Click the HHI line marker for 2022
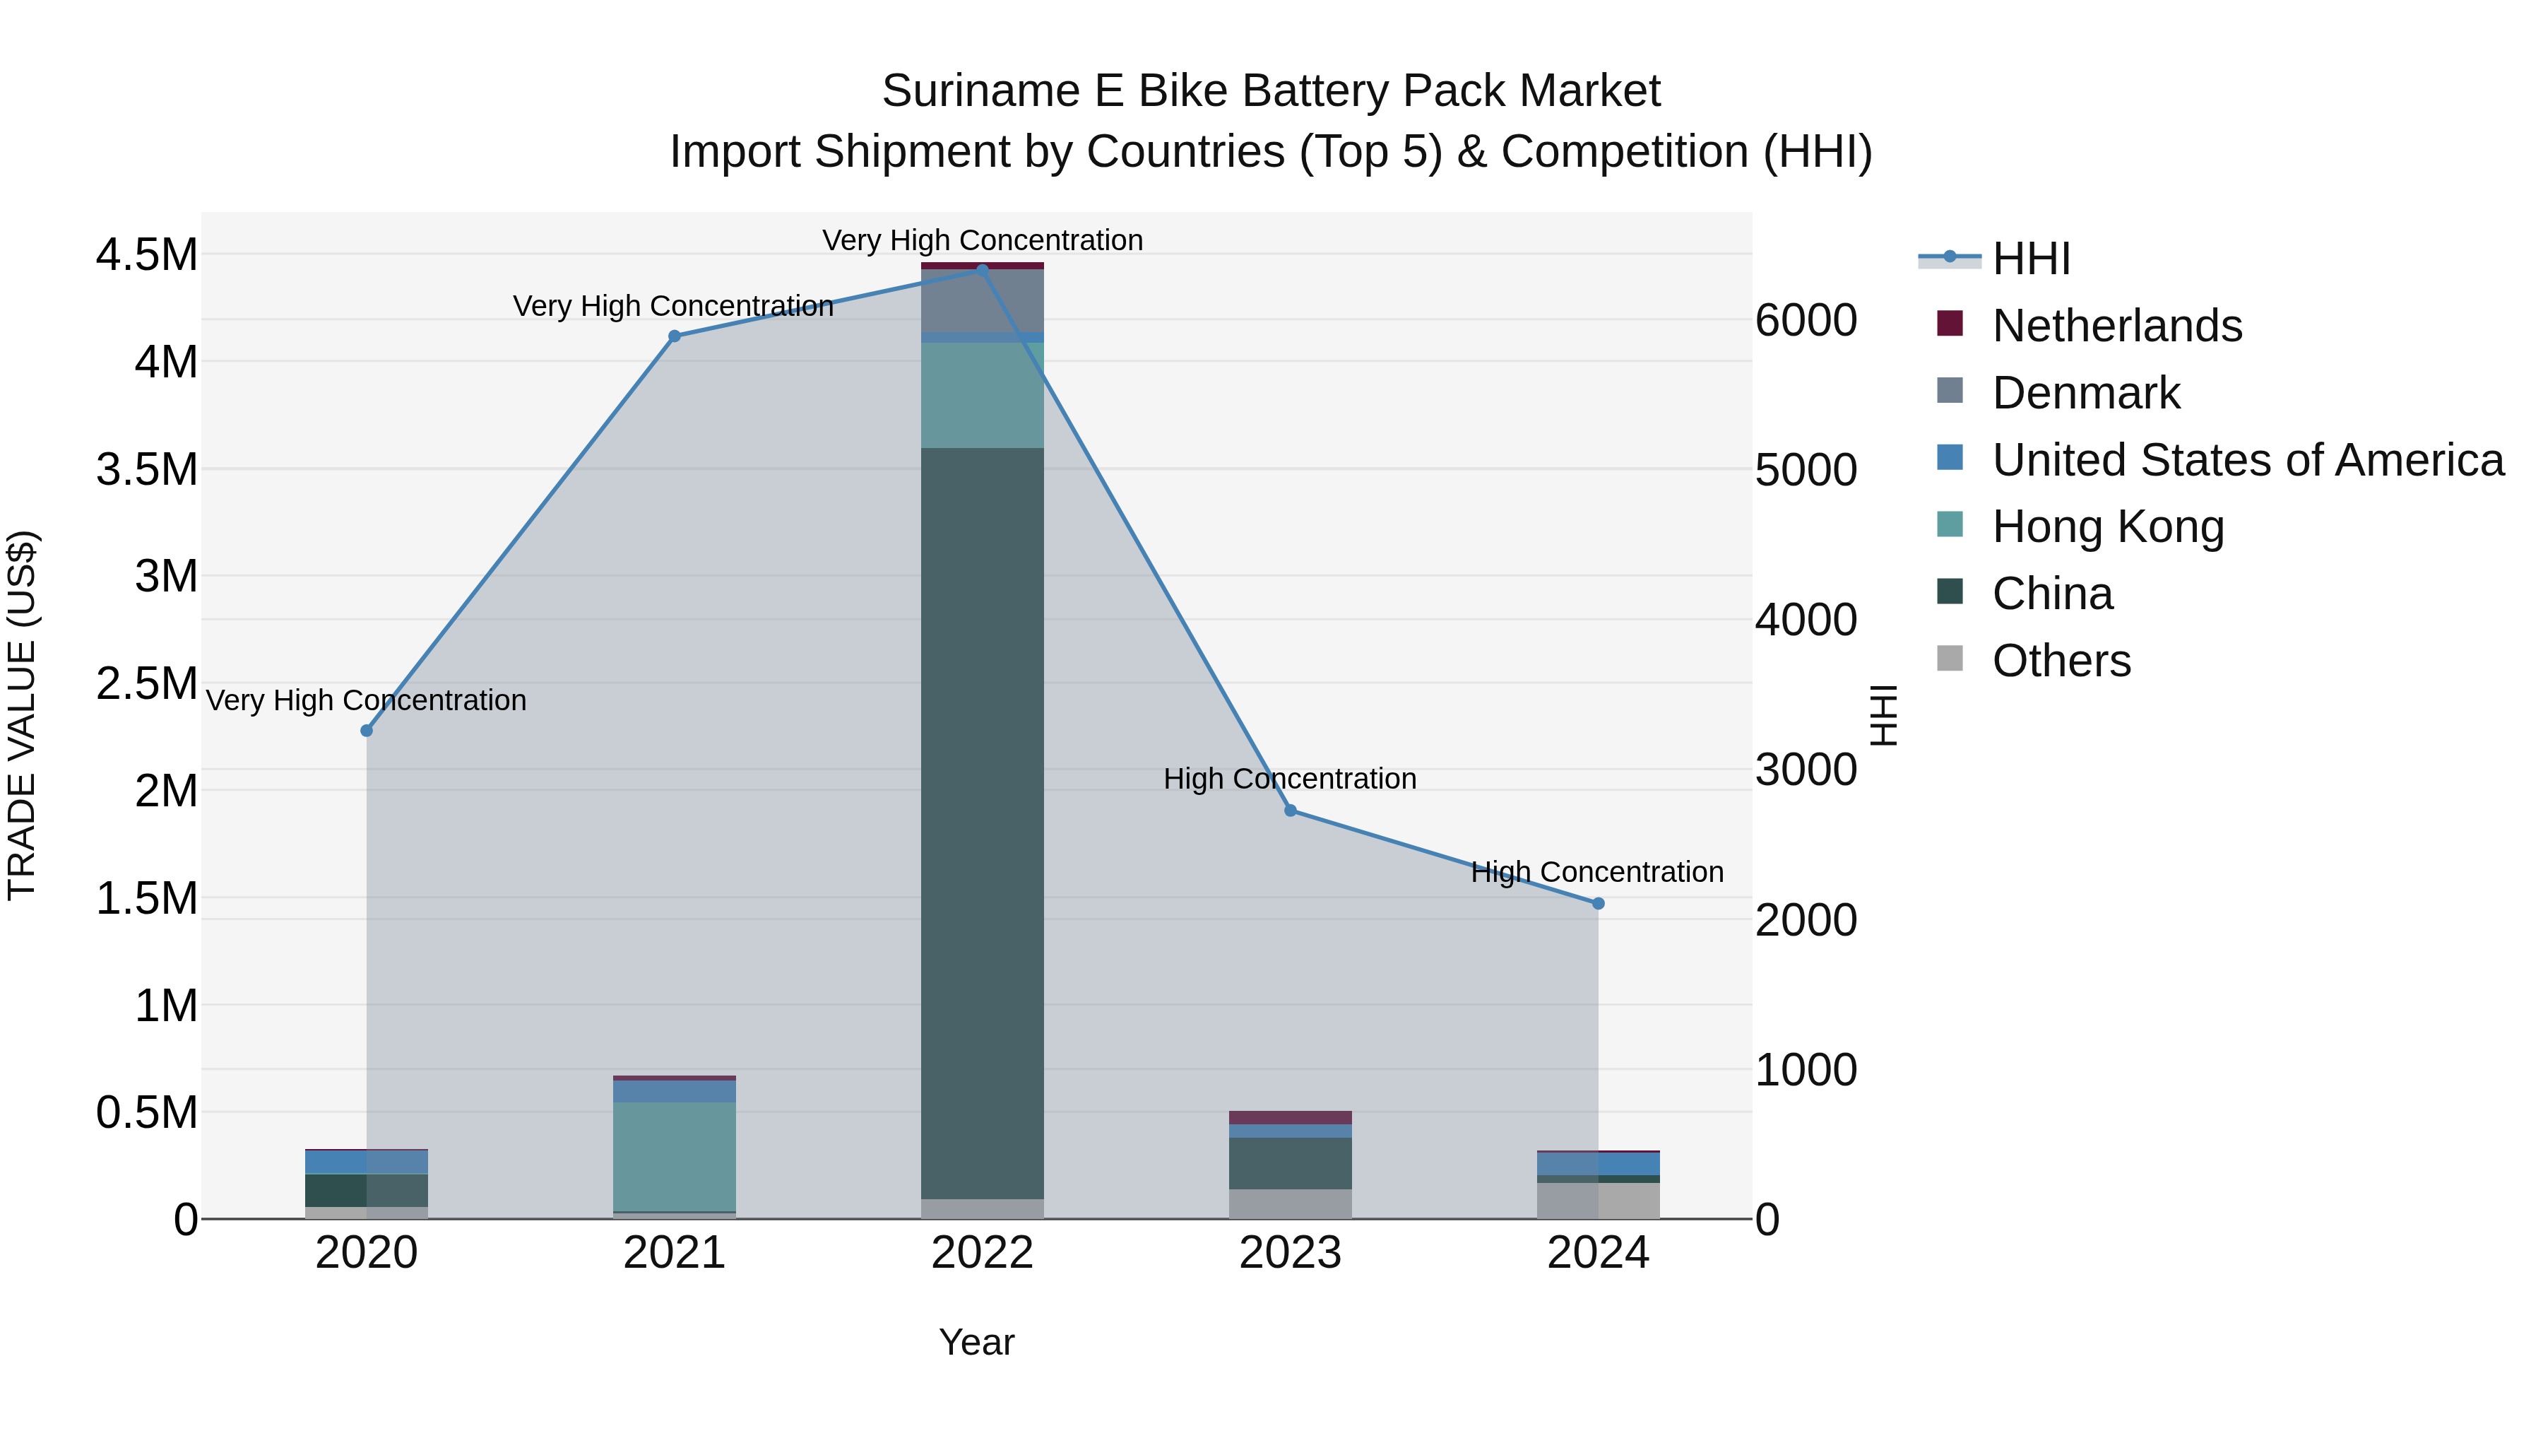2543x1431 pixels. pyautogui.click(x=983, y=269)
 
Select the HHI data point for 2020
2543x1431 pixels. pyautogui.click(x=366, y=731)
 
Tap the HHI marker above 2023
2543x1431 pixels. pyautogui.click(x=1291, y=811)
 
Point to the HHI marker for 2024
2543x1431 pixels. pyautogui.click(x=1599, y=904)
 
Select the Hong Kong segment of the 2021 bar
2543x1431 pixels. pyautogui.click(x=675, y=1155)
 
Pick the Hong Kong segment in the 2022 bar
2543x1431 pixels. pyautogui.click(x=983, y=395)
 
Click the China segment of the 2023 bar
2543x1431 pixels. pyautogui.click(x=1291, y=1163)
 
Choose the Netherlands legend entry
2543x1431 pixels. pyautogui.click(x=2116, y=326)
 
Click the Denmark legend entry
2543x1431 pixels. pyautogui.click(x=2085, y=393)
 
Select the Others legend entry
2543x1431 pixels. pyautogui.click(x=2061, y=661)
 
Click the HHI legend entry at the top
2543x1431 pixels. pyautogui.click(x=2029, y=259)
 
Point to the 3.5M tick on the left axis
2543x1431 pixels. pyautogui.click(x=147, y=470)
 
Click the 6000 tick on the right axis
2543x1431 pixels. pyautogui.click(x=1806, y=320)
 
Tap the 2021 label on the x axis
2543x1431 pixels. pyautogui.click(x=675, y=1253)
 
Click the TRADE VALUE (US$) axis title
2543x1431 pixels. pyautogui.click(x=22, y=715)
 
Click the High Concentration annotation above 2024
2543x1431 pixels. pyautogui.click(x=1596, y=872)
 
